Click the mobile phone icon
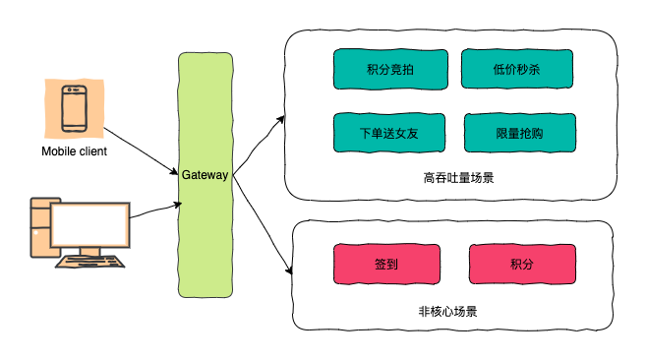pos(74,108)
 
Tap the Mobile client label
pos(74,151)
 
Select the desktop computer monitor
pos(90,225)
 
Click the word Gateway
pos(205,174)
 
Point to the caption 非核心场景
pos(447,312)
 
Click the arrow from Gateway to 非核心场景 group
pos(261,226)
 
